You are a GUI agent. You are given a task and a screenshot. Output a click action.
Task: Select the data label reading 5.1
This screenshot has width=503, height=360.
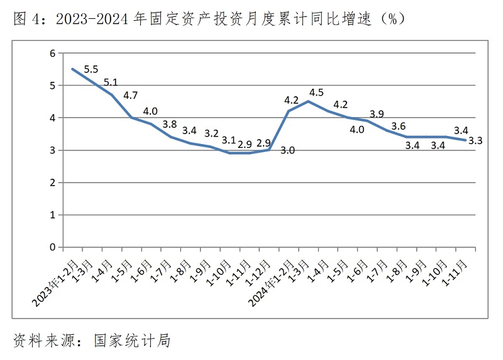pos(111,82)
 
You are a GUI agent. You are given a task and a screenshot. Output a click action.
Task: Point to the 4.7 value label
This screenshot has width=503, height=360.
pos(130,96)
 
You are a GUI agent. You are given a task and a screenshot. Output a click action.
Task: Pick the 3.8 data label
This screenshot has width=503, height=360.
pos(170,124)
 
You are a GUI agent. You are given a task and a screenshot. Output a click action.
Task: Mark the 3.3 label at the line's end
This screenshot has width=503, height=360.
pos(475,141)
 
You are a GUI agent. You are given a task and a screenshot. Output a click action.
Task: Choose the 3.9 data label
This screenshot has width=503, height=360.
pos(377,114)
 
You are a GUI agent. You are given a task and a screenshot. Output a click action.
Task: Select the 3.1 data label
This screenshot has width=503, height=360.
pos(229,140)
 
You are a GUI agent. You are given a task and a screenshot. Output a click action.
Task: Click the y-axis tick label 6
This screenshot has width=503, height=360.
pos(53,53)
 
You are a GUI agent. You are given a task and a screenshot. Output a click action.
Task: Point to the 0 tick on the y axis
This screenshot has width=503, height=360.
pos(53,247)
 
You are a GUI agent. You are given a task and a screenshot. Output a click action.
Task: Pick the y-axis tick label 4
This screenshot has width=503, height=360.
pos(53,118)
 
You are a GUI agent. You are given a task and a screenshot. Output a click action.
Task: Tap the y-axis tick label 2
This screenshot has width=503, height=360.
pos(53,183)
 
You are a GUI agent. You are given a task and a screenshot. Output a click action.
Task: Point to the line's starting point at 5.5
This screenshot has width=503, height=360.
pos(73,69)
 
